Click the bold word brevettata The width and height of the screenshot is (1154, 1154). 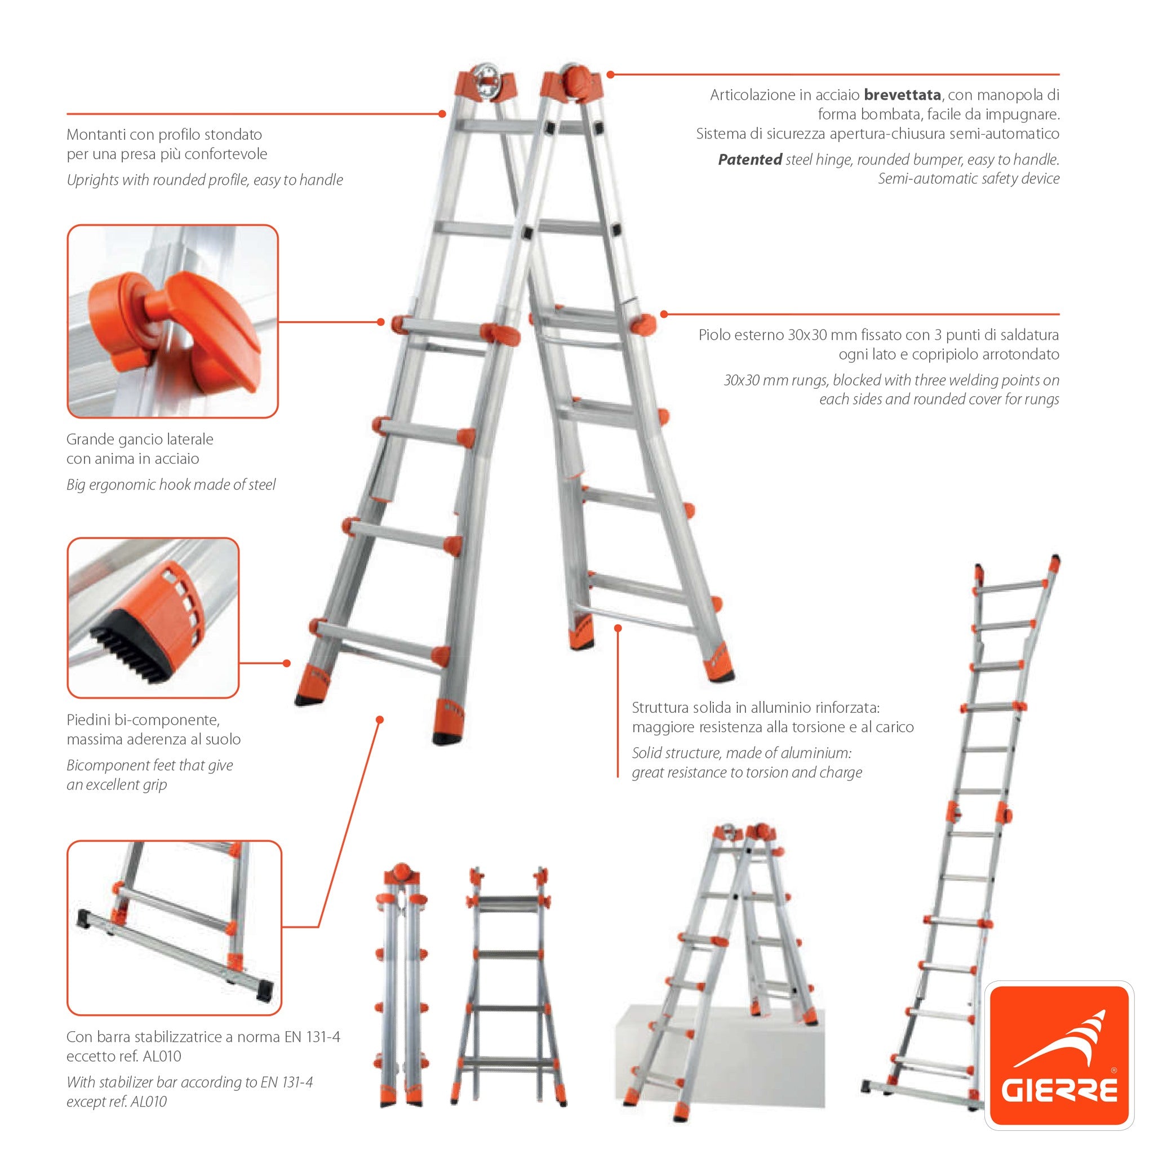[902, 94]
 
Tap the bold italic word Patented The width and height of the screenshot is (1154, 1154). [749, 159]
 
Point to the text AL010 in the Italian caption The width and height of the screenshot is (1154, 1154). [162, 1056]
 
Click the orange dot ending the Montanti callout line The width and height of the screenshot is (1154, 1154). [442, 113]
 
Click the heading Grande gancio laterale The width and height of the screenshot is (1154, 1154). [140, 439]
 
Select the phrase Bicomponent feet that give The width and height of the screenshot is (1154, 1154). [149, 765]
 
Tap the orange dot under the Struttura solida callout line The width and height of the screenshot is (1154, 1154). [618, 628]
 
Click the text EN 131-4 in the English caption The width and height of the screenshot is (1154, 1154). [286, 1082]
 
